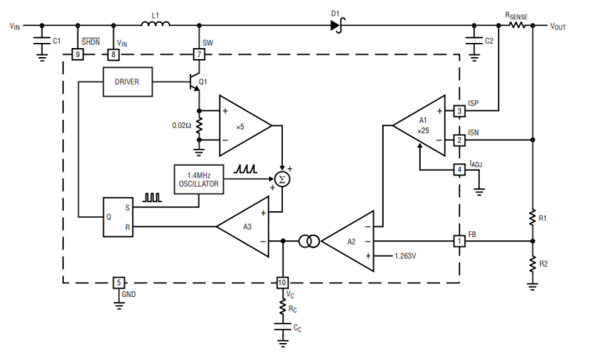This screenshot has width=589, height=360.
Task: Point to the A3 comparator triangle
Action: (x=243, y=225)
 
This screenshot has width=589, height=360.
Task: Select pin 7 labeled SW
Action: (x=199, y=55)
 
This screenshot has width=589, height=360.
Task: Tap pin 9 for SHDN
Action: (x=77, y=55)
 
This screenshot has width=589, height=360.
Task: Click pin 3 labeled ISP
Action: (x=459, y=110)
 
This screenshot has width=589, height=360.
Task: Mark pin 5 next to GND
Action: (x=119, y=283)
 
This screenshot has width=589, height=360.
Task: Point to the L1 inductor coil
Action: (x=155, y=25)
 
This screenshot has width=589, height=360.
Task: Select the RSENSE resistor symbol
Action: (x=515, y=26)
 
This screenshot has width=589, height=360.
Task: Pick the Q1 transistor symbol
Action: (x=196, y=82)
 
